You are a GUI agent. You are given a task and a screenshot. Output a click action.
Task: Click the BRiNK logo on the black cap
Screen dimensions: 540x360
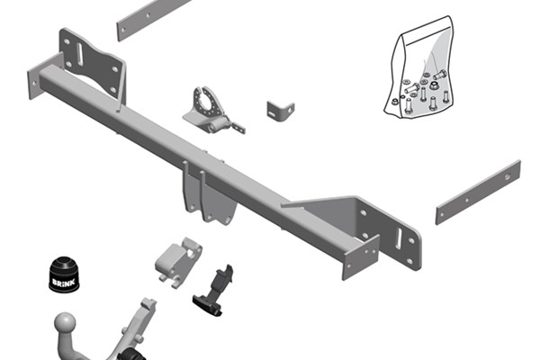[63, 282]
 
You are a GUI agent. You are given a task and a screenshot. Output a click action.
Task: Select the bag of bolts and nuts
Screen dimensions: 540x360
[419, 67]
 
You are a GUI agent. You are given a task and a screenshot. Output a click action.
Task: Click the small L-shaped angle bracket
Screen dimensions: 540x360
[280, 111]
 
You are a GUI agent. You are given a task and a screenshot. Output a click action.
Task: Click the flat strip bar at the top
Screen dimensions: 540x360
[153, 19]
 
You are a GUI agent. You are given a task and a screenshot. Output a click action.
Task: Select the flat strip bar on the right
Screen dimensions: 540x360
[478, 193]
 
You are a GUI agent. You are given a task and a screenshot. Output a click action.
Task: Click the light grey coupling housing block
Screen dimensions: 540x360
[178, 262]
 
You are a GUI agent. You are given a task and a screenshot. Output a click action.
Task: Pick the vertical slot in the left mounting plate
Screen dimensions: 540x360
[79, 54]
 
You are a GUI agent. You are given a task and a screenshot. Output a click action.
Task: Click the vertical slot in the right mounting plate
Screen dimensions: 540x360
[399, 238]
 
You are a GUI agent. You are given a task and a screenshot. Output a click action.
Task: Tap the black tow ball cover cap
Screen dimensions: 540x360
[64, 274]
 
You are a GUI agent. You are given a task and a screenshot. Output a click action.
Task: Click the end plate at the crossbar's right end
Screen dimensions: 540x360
[360, 257]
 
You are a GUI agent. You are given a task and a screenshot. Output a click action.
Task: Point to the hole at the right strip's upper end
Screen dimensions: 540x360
[508, 177]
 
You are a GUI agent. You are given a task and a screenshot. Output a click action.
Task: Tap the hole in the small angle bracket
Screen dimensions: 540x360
[290, 110]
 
